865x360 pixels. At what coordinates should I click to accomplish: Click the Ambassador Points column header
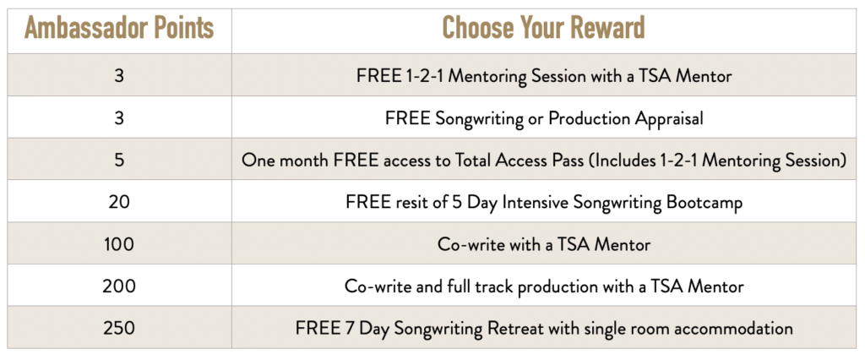click(x=119, y=29)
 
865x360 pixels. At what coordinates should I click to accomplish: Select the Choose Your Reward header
click(x=543, y=29)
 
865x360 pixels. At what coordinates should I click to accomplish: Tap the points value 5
click(x=119, y=160)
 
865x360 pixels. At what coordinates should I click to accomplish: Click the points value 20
click(x=119, y=202)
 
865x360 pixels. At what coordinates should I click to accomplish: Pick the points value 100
click(x=119, y=244)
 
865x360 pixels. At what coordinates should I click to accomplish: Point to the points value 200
click(x=119, y=286)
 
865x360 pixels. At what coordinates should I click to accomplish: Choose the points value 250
click(x=119, y=328)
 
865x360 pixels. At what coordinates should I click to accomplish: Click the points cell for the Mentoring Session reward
click(x=119, y=76)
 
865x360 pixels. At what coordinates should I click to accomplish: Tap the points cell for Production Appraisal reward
click(x=119, y=118)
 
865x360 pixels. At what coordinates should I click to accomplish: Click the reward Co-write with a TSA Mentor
click(x=544, y=244)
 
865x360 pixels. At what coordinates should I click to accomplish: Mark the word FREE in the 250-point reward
click(x=316, y=328)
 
